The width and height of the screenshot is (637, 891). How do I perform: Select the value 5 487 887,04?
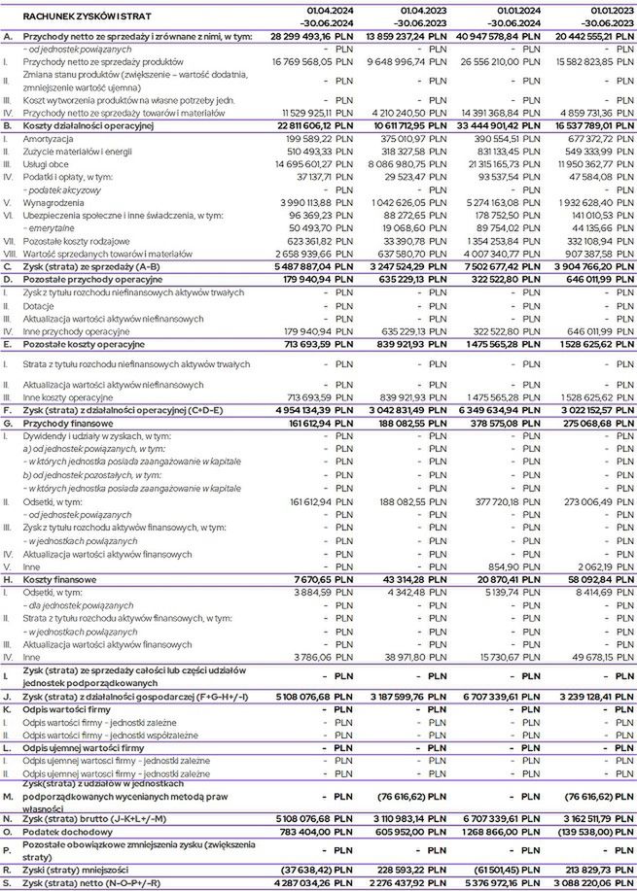pyautogui.click(x=292, y=266)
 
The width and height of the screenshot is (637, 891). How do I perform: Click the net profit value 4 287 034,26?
pyautogui.click(x=292, y=883)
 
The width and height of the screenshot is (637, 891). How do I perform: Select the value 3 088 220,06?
pyautogui.click(x=574, y=883)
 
